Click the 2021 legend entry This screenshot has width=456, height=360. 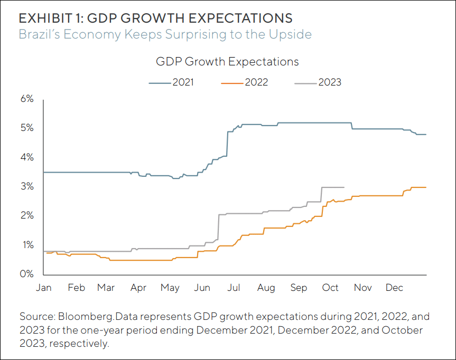[x=171, y=82]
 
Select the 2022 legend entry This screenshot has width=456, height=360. [x=245, y=82]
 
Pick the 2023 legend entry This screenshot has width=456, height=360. [x=318, y=82]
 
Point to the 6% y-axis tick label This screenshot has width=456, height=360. [x=27, y=99]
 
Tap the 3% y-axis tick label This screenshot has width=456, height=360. [x=27, y=187]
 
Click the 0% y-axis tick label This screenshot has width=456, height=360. [x=27, y=274]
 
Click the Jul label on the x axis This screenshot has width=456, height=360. [x=234, y=288]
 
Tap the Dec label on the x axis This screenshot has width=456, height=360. [x=394, y=288]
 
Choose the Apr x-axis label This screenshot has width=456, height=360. [x=138, y=288]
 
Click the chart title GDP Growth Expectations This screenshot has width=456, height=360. [x=227, y=62]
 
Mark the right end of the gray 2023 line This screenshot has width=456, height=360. [x=344, y=187]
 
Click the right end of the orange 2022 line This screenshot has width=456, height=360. [x=426, y=187]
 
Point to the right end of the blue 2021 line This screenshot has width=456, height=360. [x=426, y=135]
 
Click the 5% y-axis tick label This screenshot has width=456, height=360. [x=27, y=128]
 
